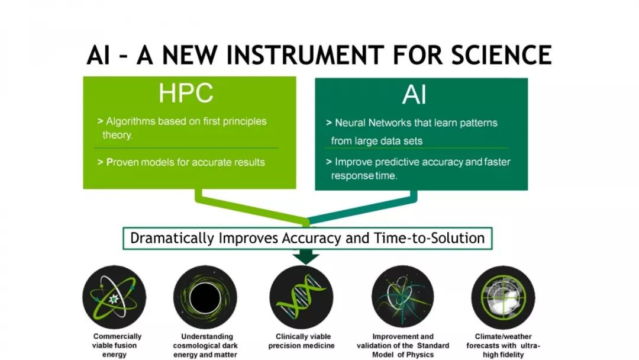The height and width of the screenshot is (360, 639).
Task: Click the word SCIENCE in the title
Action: click(x=501, y=55)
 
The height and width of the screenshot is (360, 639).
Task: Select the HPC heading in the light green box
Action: click(x=186, y=93)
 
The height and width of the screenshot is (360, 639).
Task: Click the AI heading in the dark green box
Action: click(x=414, y=95)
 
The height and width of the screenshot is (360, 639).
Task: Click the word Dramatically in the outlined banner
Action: click(x=172, y=238)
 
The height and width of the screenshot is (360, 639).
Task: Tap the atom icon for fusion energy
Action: click(x=114, y=297)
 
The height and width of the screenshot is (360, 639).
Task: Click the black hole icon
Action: click(x=205, y=297)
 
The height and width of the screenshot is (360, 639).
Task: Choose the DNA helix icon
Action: click(x=301, y=297)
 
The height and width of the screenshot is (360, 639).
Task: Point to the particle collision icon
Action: click(x=403, y=297)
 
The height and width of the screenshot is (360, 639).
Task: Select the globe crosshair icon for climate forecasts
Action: click(x=503, y=297)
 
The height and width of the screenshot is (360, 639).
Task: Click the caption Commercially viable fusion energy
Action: click(x=117, y=345)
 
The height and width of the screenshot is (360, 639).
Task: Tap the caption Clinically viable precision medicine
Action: click(x=302, y=341)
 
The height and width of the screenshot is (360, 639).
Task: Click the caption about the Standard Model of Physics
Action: click(x=403, y=345)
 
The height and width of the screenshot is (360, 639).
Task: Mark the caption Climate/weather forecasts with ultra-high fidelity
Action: click(x=504, y=345)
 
